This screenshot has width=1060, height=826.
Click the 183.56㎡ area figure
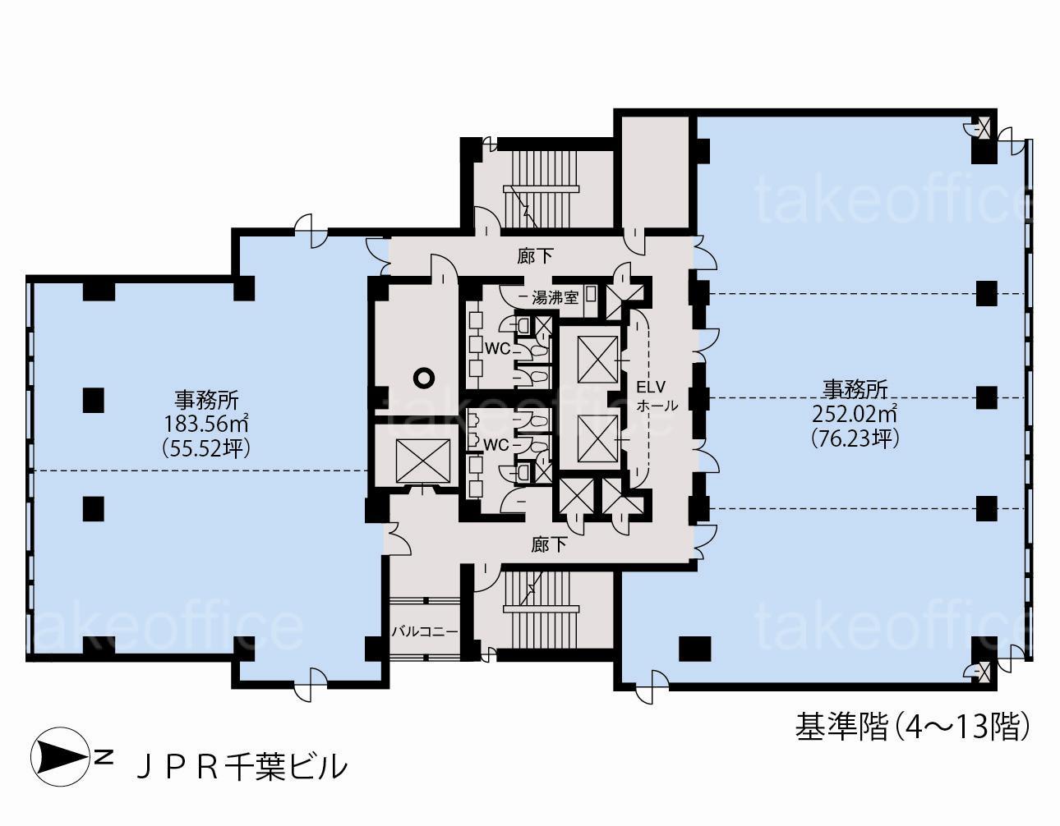point(205,424)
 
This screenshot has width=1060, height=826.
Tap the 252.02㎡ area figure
point(855,414)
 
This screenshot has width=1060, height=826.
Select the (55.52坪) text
point(206,448)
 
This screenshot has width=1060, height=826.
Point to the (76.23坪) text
point(855,438)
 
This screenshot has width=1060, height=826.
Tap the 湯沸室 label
point(555,298)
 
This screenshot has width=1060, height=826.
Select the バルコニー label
point(425,631)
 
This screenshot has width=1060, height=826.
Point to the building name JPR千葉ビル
point(242,768)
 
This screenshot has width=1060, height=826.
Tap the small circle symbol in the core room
point(423,377)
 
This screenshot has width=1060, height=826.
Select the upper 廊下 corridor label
point(535,256)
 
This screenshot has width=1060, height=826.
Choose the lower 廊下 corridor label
point(549,545)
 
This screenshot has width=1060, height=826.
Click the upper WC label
point(498,348)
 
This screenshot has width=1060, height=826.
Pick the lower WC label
point(496,444)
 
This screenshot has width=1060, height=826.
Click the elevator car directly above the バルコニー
point(422,461)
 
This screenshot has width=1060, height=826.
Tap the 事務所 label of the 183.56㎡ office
point(206,401)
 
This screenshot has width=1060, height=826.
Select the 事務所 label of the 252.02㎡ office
point(855,390)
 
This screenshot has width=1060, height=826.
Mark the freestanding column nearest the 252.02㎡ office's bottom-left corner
point(695,649)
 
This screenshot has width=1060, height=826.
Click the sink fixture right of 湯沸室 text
point(592,294)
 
